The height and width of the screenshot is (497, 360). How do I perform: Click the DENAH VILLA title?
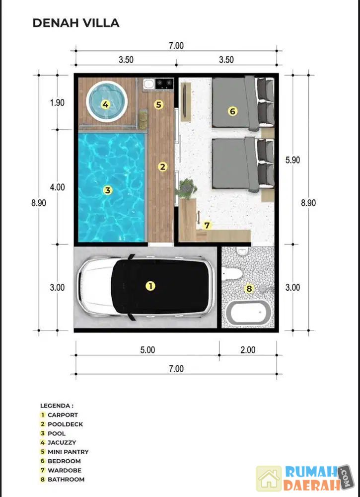click(76, 23)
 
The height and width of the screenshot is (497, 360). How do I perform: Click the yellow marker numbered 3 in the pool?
click(108, 190)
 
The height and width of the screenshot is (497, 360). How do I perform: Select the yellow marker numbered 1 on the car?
click(150, 286)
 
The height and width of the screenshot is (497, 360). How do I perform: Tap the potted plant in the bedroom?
click(187, 188)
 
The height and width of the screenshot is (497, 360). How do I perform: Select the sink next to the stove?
click(148, 84)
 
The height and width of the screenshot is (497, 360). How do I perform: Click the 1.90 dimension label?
click(57, 103)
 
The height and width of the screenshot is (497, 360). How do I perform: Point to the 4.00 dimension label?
click(57, 187)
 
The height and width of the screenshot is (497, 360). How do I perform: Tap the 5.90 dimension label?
click(292, 160)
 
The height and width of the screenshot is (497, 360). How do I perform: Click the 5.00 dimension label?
click(147, 350)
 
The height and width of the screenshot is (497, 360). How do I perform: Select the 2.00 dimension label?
click(248, 350)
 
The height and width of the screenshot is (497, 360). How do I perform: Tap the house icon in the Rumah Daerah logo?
click(269, 479)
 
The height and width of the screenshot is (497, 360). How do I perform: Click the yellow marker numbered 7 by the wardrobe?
click(207, 225)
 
